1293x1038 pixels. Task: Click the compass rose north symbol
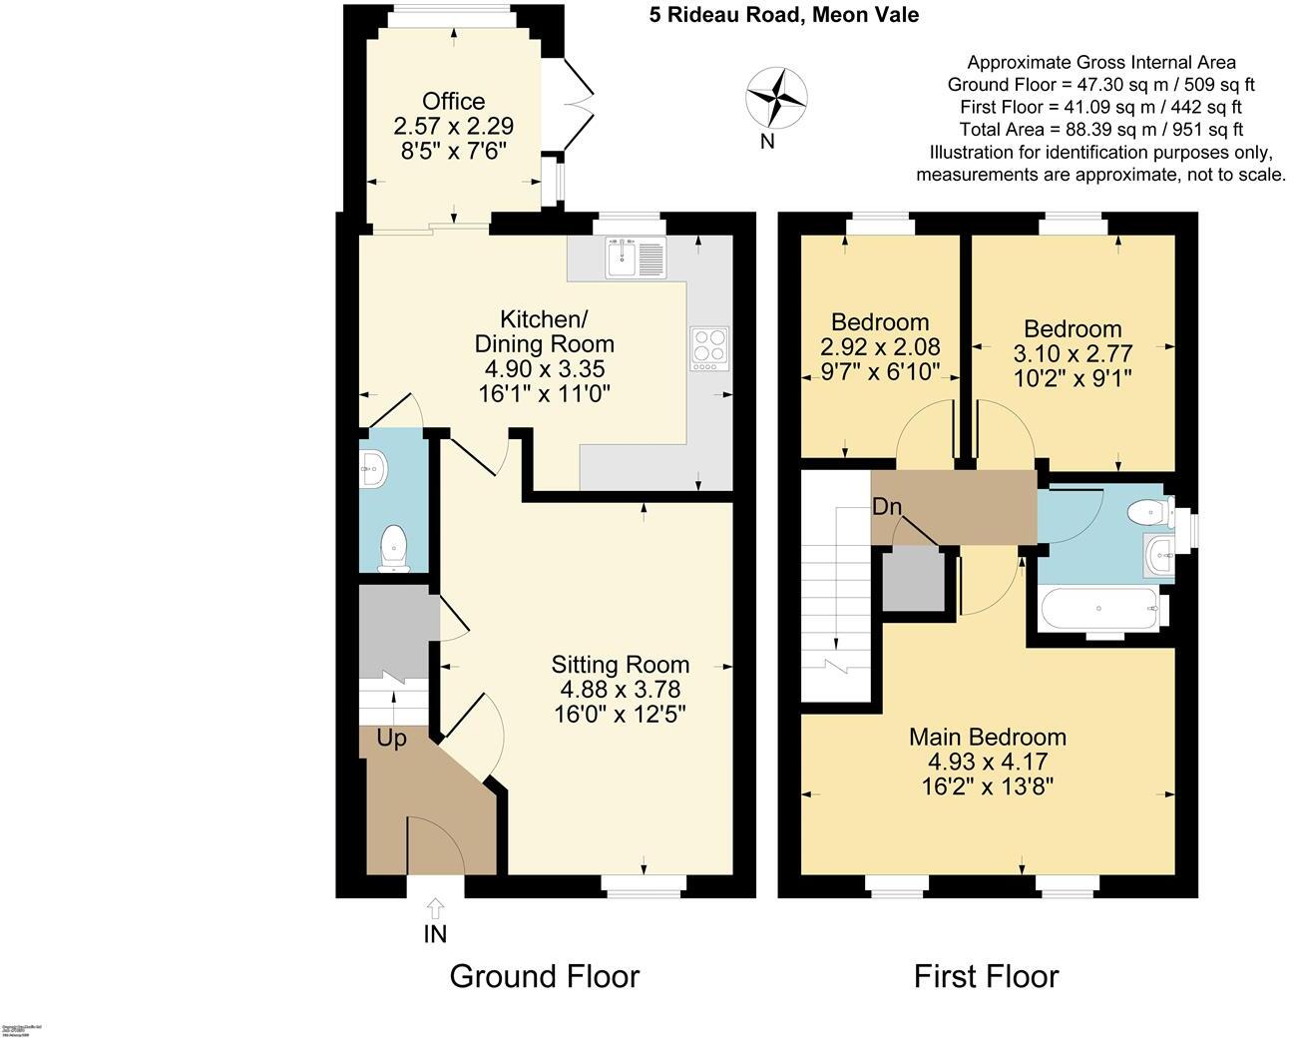coord(776,97)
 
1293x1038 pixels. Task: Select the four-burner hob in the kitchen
coord(708,349)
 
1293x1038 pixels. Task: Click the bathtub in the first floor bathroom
coord(1097,608)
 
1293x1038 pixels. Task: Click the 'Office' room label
coord(453,102)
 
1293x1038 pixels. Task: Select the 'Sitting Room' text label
coord(621,665)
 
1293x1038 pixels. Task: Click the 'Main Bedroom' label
coord(987,738)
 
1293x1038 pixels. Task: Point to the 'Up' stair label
coord(392,740)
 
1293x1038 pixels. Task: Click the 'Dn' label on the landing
coord(886,507)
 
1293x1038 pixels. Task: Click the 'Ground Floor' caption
coord(544,975)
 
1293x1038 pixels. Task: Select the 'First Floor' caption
coord(986,975)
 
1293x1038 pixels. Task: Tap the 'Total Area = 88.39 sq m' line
coord(1100,130)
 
